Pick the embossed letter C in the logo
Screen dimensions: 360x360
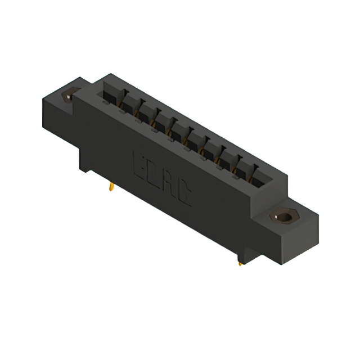tap(184, 196)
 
